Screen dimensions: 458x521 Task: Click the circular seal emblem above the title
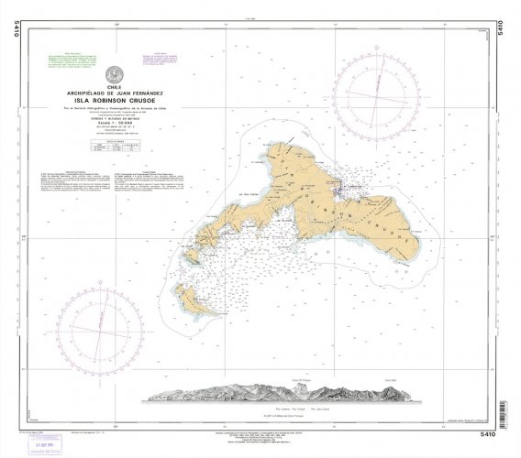click(x=113, y=74)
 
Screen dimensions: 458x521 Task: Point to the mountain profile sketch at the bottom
click(x=275, y=391)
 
